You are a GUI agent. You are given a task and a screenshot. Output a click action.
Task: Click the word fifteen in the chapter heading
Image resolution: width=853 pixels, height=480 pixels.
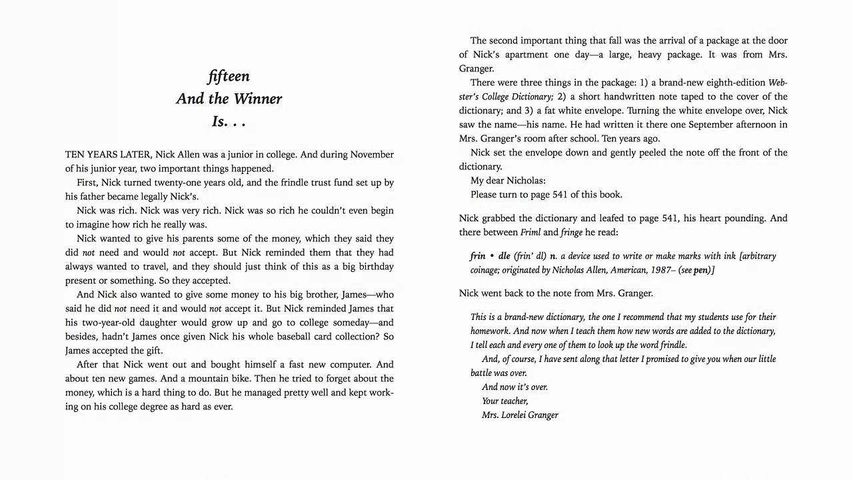229,77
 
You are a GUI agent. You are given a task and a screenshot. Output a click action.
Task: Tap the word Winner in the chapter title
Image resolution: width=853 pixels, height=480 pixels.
257,99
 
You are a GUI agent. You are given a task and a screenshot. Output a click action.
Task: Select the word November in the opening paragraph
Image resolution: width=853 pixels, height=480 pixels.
372,155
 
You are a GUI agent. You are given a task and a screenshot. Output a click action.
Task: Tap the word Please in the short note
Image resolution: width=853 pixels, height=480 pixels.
484,195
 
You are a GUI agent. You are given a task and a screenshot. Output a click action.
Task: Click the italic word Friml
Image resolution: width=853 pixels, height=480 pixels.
530,233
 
